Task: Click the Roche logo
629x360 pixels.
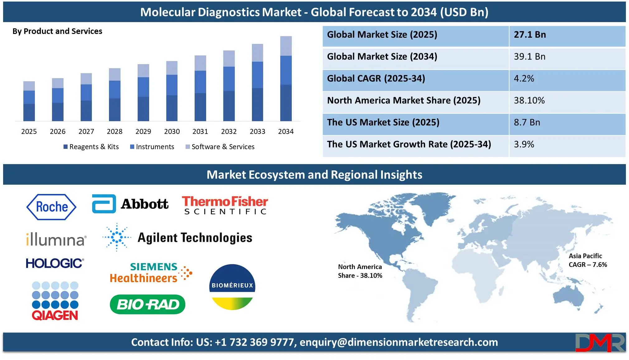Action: point(51,207)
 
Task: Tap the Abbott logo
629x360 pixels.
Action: point(130,204)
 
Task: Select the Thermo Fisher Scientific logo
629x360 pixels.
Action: point(225,205)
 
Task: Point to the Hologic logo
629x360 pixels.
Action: point(55,263)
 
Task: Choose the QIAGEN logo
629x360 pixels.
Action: point(55,301)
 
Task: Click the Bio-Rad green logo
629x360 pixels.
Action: point(148,304)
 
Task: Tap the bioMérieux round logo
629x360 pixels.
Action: point(232,287)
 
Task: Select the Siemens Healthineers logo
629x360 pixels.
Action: point(151,272)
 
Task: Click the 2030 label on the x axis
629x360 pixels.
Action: point(172,131)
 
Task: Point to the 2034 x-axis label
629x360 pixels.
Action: point(286,131)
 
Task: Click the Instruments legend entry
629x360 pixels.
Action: point(152,147)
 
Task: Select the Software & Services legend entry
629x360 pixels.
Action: point(220,147)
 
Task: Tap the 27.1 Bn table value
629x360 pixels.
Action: point(530,35)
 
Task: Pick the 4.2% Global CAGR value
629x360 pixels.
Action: point(524,78)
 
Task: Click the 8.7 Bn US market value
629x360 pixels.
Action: point(527,122)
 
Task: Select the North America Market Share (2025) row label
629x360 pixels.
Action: point(404,100)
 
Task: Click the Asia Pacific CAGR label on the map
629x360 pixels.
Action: point(588,260)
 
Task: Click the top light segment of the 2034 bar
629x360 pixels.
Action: point(286,46)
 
